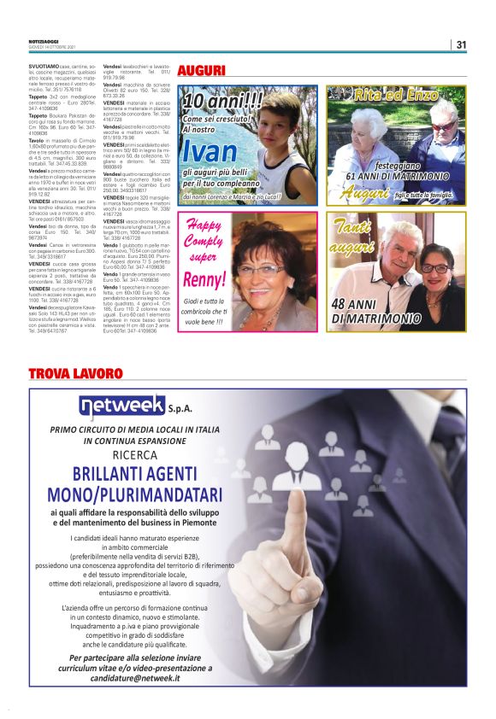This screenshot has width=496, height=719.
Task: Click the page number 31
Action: pyautogui.click(x=461, y=44)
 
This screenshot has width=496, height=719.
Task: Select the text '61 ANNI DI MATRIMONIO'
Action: pyautogui.click(x=398, y=176)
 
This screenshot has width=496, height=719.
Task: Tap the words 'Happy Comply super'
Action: pyautogui.click(x=204, y=241)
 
